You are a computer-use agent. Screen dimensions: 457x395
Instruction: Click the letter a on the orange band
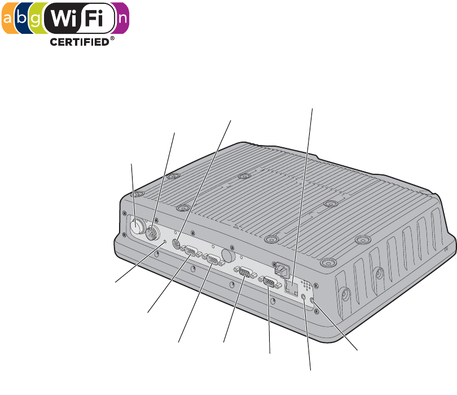7,19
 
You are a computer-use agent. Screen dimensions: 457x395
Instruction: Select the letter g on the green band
36,20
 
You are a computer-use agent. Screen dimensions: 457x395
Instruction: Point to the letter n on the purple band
122,19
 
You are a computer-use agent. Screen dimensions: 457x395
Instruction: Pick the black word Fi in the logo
94,18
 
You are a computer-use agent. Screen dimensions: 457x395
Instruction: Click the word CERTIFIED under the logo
80,42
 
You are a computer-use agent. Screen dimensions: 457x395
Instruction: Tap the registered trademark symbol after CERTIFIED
112,38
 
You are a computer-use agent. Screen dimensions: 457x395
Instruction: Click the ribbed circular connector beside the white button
152,232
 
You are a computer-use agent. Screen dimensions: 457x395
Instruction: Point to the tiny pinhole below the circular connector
165,242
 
